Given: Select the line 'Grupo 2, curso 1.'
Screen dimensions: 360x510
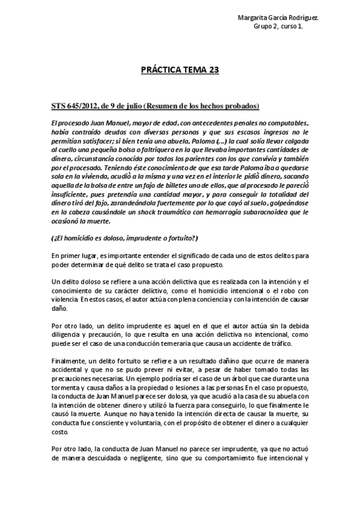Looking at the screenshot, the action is tap(278, 26).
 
